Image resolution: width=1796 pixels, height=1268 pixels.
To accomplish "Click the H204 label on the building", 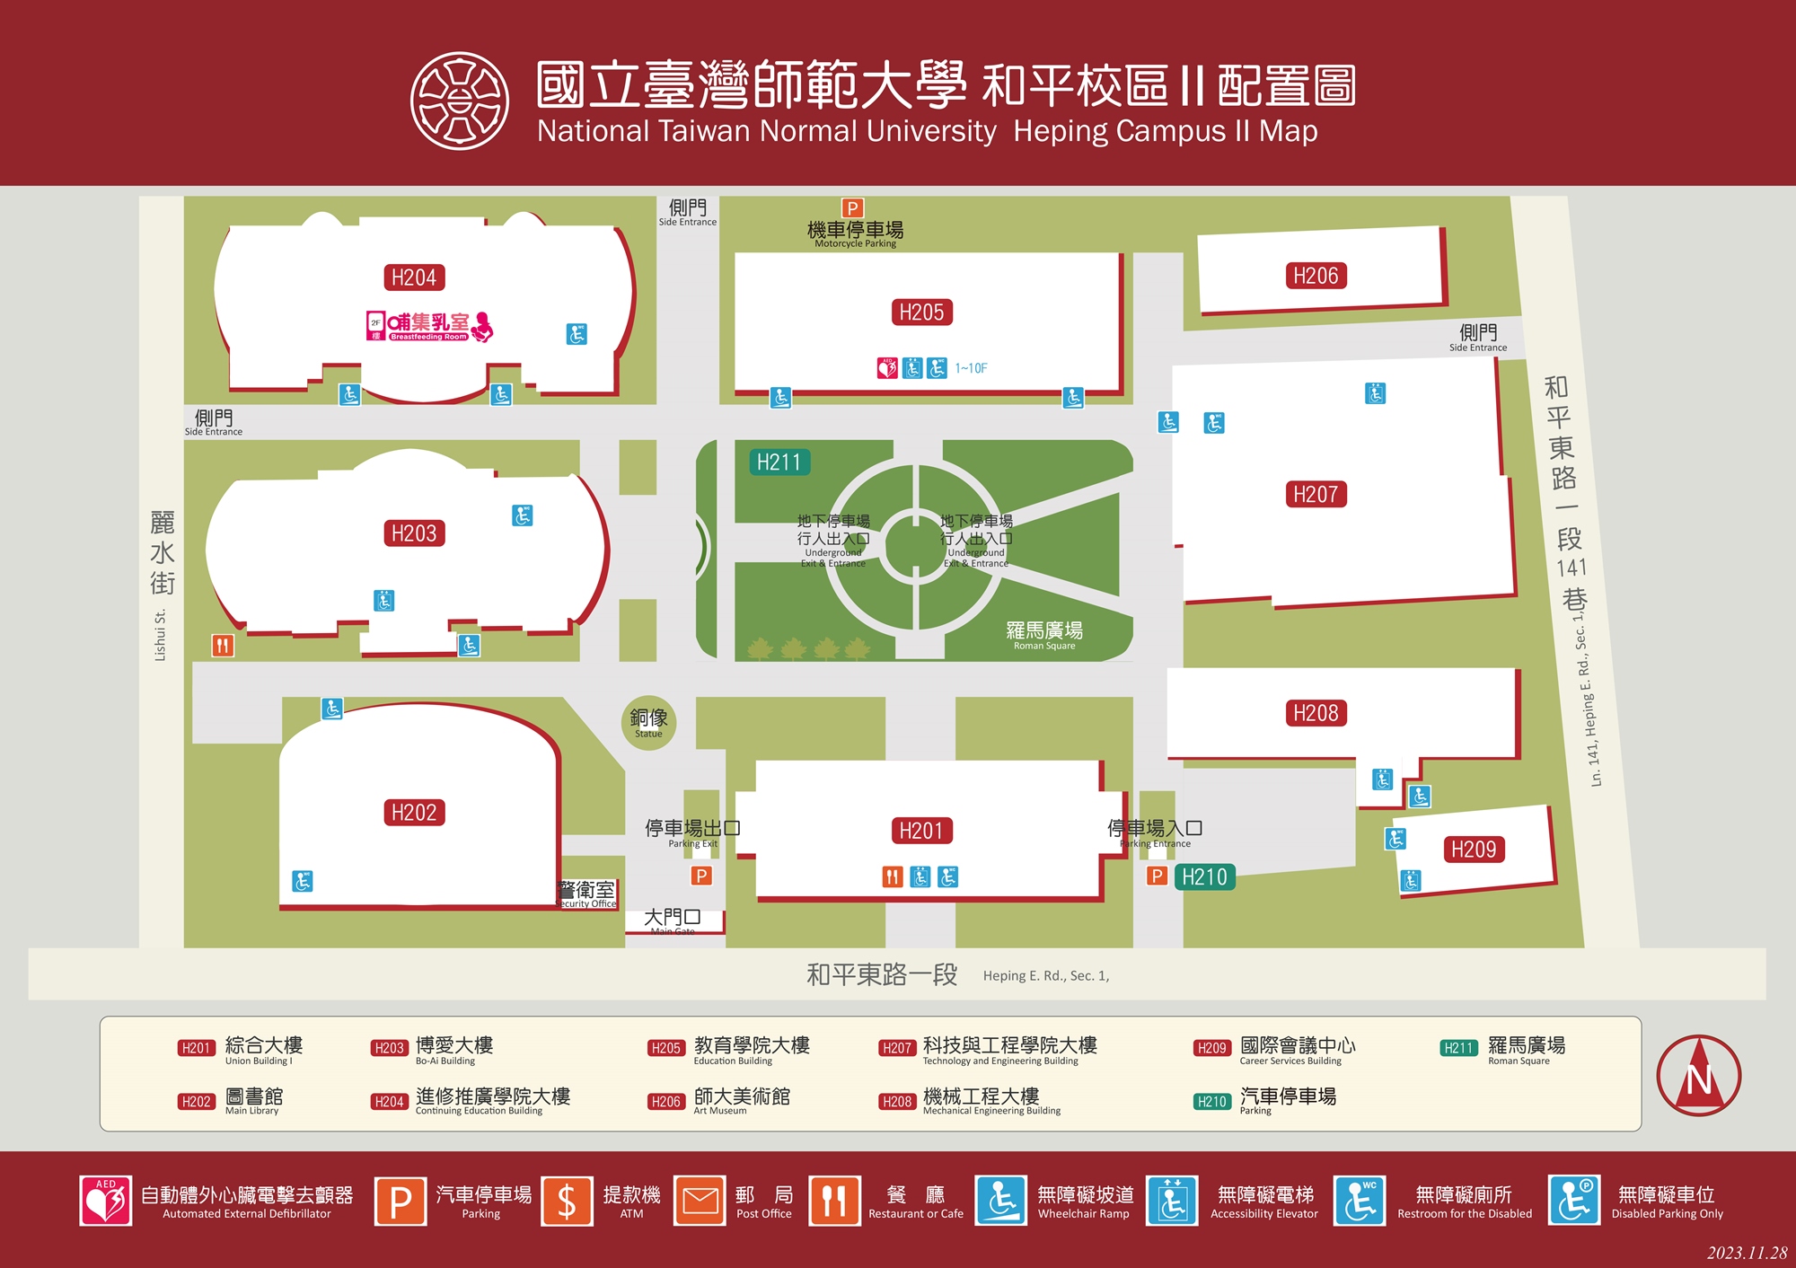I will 414,277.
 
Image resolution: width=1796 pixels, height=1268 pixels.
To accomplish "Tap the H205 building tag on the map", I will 921,313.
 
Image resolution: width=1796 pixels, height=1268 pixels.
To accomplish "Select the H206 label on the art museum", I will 1315,276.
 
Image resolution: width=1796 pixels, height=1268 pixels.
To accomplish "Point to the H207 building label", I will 1315,494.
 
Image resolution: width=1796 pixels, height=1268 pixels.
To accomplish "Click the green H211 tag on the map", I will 779,462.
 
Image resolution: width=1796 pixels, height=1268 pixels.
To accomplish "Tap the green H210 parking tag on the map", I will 1204,876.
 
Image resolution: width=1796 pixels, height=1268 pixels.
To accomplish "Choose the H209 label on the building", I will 1474,850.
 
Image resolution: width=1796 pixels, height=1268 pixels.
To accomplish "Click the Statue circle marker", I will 648,722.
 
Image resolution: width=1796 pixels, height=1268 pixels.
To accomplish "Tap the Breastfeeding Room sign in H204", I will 429,326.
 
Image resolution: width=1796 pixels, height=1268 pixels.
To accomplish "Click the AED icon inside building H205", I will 887,368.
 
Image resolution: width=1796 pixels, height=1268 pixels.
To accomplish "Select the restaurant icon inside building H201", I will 892,876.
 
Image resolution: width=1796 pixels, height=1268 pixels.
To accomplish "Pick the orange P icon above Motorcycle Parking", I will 852,208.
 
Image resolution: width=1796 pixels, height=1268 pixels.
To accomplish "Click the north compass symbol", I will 1698,1076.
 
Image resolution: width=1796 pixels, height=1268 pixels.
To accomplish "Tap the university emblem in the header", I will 460,100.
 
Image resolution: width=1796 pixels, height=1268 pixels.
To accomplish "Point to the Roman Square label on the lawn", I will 1043,634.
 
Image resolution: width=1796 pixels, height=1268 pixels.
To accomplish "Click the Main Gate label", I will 673,920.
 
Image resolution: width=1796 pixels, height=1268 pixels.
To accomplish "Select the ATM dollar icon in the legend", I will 567,1201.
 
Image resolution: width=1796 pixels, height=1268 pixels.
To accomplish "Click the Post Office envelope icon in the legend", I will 700,1201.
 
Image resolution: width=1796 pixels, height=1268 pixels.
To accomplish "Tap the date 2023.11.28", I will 1747,1253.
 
